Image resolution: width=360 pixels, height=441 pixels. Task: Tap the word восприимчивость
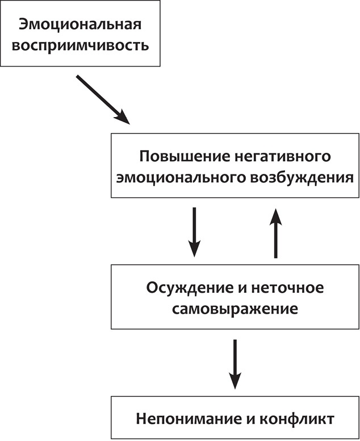tap(80, 45)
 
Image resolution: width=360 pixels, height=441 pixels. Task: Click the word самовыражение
tap(235, 310)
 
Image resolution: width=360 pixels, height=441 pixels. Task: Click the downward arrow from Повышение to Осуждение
tap(194, 232)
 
